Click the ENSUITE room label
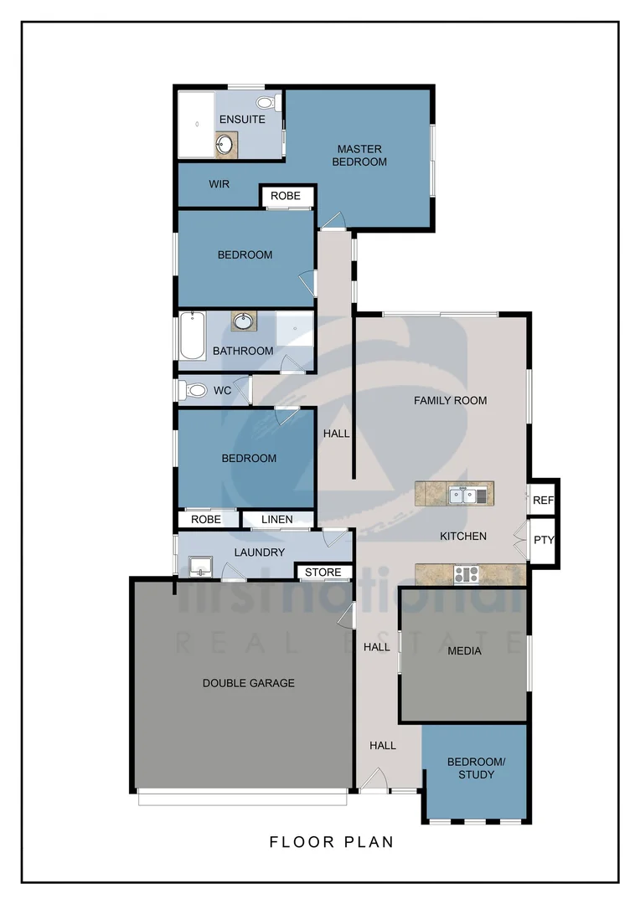[242, 120]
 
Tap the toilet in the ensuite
[266, 103]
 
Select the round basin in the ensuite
[225, 145]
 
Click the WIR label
[219, 184]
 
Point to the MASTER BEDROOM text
[359, 155]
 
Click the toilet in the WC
[195, 390]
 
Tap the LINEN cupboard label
[277, 520]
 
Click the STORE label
[323, 573]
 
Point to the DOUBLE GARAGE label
[249, 683]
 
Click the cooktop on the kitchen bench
[466, 574]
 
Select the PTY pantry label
[544, 540]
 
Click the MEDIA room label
[464, 650]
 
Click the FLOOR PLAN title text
[332, 842]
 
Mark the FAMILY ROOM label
[450, 401]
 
